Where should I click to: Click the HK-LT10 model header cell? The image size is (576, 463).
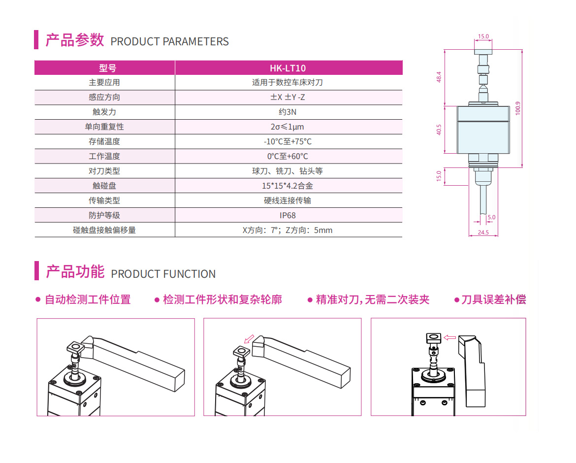[288, 68]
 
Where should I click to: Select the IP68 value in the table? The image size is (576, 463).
[288, 215]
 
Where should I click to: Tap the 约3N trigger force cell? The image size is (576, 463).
[288, 112]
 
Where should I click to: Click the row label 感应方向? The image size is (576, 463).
[104, 98]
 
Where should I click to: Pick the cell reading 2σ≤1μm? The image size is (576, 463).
[288, 127]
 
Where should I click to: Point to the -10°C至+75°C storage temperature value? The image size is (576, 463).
[288, 141]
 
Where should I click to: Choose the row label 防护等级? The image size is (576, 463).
[104, 215]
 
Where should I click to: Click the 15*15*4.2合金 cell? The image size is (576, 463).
[288, 186]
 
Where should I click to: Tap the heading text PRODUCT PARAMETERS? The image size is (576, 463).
[169, 41]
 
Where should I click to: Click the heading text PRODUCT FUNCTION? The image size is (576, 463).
[163, 274]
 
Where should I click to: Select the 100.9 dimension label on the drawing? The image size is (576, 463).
[518, 108]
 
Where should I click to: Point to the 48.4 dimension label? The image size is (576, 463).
[439, 77]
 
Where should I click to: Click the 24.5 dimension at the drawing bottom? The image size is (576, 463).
[483, 232]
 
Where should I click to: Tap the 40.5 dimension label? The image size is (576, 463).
[439, 130]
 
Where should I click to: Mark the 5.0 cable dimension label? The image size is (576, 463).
[491, 217]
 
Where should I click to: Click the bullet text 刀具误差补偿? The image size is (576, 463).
[494, 299]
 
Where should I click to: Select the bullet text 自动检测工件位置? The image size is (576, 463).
[88, 299]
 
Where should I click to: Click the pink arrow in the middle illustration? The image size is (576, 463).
[249, 338]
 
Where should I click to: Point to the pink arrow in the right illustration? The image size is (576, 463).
[450, 337]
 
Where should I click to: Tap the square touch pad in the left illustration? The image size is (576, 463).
[76, 347]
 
